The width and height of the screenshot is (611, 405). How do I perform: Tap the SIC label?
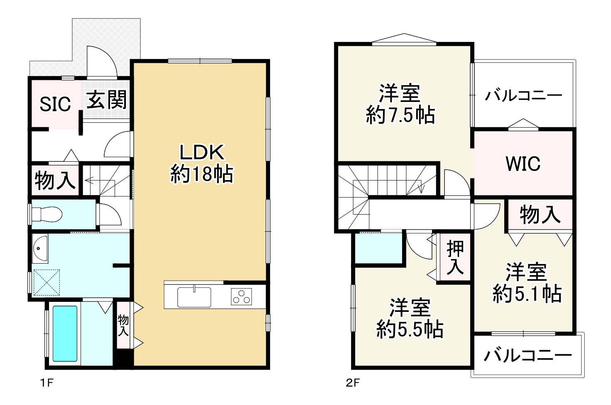tap(55, 104)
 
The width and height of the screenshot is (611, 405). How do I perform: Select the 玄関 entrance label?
tap(106, 100)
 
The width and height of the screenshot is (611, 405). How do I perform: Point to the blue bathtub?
tap(65, 334)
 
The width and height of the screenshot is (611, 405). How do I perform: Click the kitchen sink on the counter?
tap(194, 296)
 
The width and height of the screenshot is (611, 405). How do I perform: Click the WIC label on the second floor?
tap(523, 164)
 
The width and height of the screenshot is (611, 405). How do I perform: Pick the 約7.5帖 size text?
tap(400, 115)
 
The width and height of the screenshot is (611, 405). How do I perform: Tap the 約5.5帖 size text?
tap(410, 330)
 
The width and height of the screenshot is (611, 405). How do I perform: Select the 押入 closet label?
tap(455, 259)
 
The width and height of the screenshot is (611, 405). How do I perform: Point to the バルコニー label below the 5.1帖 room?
tap(528, 356)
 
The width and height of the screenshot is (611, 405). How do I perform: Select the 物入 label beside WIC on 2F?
tap(540, 215)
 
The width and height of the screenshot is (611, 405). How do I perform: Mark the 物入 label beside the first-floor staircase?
tap(54, 180)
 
